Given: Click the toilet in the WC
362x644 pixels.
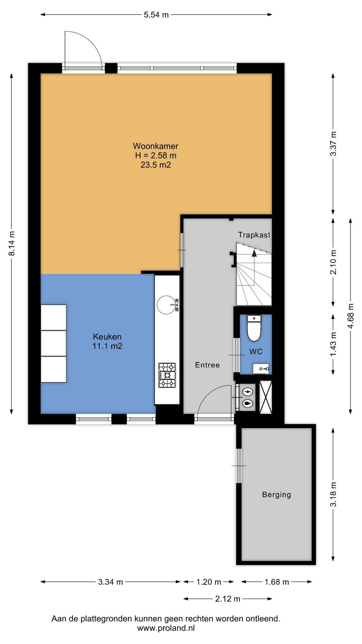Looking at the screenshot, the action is point(254,328).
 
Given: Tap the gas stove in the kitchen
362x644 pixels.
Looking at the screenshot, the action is point(167,375).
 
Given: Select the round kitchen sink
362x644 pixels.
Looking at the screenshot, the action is point(166,305).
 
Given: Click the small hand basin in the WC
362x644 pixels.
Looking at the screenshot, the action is point(261,369).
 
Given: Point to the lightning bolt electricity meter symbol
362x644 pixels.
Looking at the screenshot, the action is point(248,392).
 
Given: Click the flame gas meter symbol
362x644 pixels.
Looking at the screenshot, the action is point(248,403).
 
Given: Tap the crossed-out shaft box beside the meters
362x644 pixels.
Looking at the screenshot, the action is point(265,397).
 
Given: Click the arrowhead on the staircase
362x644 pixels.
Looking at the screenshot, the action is point(254,253).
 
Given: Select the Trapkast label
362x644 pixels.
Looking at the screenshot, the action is point(254,235).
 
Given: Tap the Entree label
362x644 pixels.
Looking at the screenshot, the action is point(207,365).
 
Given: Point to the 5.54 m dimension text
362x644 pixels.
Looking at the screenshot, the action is point(156,15).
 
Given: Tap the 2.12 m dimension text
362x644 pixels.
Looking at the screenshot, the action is point(228,599).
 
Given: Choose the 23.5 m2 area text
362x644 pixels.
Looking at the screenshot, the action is point(156,165).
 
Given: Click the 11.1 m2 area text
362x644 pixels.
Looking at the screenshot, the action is point(107,346).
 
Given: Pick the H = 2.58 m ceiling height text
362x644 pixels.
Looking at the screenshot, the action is point(156,155).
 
